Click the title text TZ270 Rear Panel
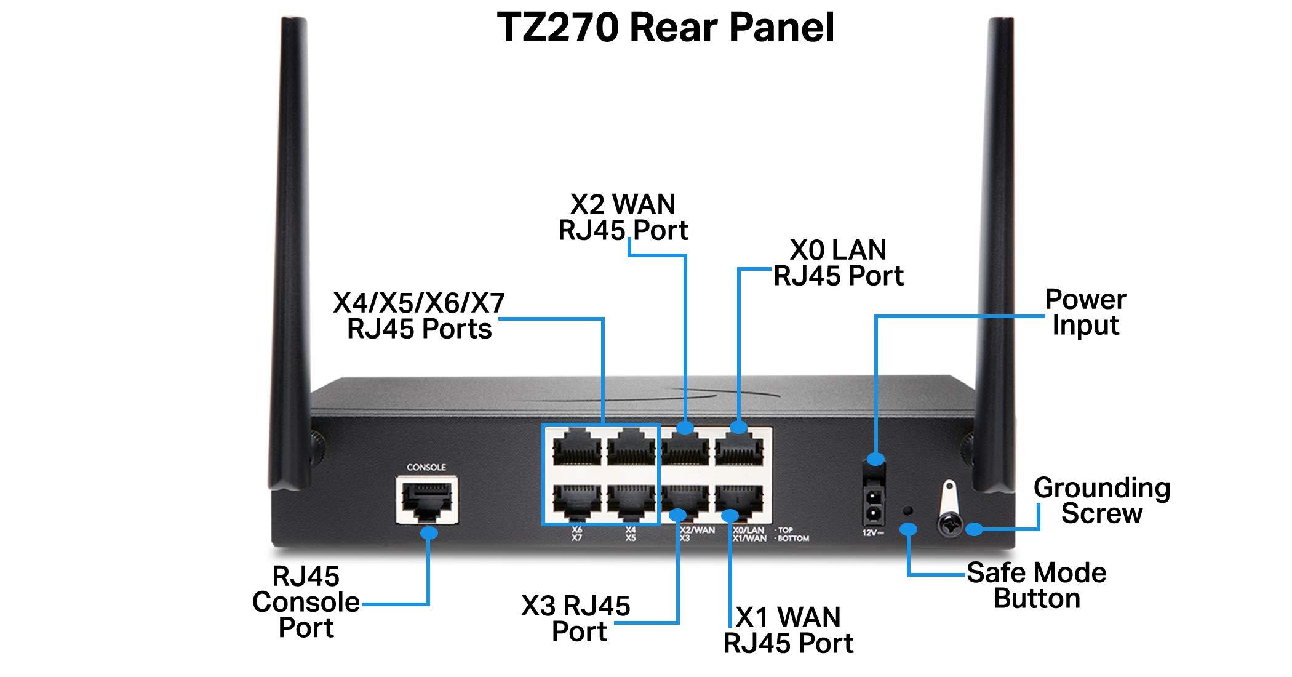coord(666,28)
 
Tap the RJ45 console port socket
coord(426,500)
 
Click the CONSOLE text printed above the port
coord(426,467)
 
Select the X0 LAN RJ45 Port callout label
coord(838,263)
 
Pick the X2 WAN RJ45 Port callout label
coord(623,217)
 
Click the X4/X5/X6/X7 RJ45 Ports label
coord(419,316)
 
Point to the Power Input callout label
coord(1085,312)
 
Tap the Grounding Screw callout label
coord(1101,500)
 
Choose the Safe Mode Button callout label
coord(1037,585)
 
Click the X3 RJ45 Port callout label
coord(576,619)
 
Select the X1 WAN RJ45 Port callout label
coord(788,630)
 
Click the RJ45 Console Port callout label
coord(306,602)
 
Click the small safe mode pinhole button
coord(908,510)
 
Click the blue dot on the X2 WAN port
coord(685,427)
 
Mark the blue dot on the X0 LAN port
coord(738,427)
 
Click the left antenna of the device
coord(294,246)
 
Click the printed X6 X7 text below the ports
coord(576,534)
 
